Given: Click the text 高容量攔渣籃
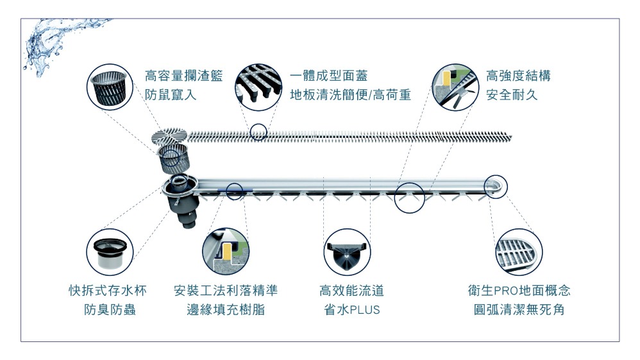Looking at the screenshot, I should click(x=184, y=76).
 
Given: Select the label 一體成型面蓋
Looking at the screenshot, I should click(x=328, y=76).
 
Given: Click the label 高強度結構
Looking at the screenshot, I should click(x=518, y=76).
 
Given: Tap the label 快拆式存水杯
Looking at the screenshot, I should click(x=108, y=291).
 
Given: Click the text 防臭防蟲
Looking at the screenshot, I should click(x=110, y=311).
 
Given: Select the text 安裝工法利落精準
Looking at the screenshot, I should click(x=226, y=291).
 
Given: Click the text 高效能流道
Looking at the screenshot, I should click(x=351, y=291).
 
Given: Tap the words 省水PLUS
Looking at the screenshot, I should click(x=352, y=311).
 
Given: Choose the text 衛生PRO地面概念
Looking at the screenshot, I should click(x=519, y=291).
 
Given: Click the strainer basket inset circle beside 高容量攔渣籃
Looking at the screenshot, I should click(x=112, y=88).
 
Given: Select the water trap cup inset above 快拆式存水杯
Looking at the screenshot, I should click(x=110, y=252).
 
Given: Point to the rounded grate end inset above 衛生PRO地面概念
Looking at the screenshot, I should click(x=518, y=252).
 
